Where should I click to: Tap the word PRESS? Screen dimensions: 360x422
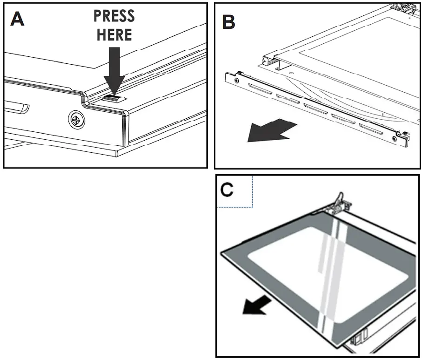click(114, 16)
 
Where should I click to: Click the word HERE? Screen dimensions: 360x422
click(114, 34)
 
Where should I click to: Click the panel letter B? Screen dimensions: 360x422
click(228, 21)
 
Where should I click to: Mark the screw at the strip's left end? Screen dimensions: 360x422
click(237, 80)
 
